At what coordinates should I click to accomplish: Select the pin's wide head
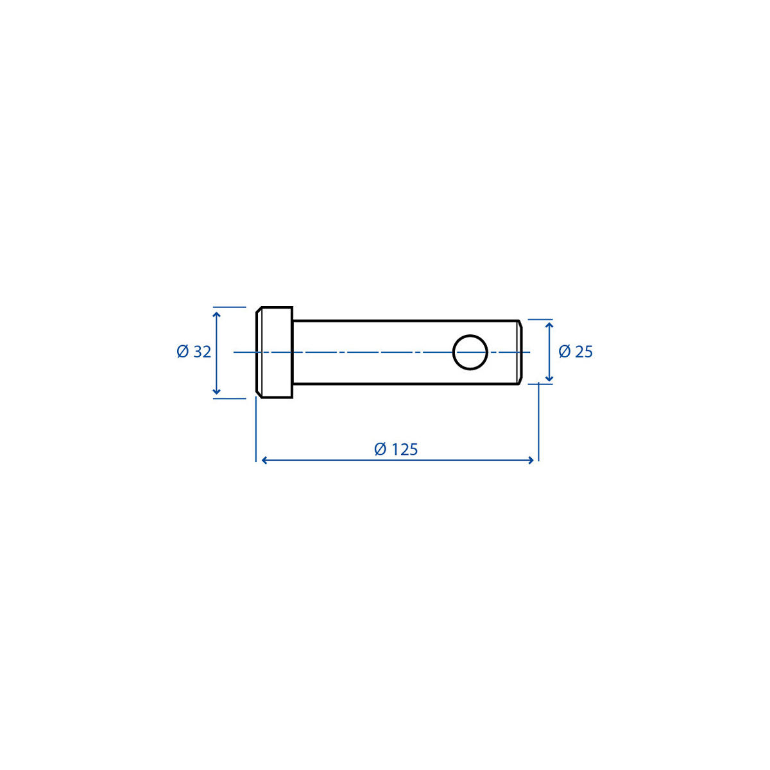pyautogui.click(x=274, y=352)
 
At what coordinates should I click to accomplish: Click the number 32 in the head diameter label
pyautogui.click(x=202, y=352)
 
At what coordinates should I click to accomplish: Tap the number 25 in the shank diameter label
pyautogui.click(x=584, y=351)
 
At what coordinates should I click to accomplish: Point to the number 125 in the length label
pyautogui.click(x=404, y=450)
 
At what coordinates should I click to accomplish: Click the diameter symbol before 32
pyautogui.click(x=183, y=352)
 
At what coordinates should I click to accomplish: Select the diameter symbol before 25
pyautogui.click(x=564, y=351)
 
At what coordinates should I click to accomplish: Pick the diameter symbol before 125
pyautogui.click(x=380, y=449)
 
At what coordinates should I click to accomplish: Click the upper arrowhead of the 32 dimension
pyautogui.click(x=217, y=315)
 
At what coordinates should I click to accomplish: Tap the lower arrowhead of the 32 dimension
pyautogui.click(x=217, y=391)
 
